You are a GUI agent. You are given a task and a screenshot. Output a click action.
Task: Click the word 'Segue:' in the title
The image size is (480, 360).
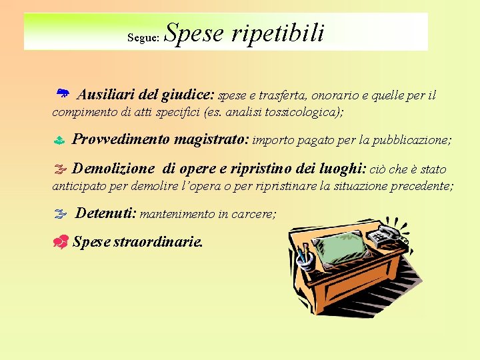click(143, 38)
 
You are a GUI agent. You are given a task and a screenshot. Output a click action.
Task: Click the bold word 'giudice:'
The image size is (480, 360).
click(188, 95)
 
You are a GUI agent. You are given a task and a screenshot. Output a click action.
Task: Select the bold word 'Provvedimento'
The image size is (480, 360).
click(121, 139)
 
